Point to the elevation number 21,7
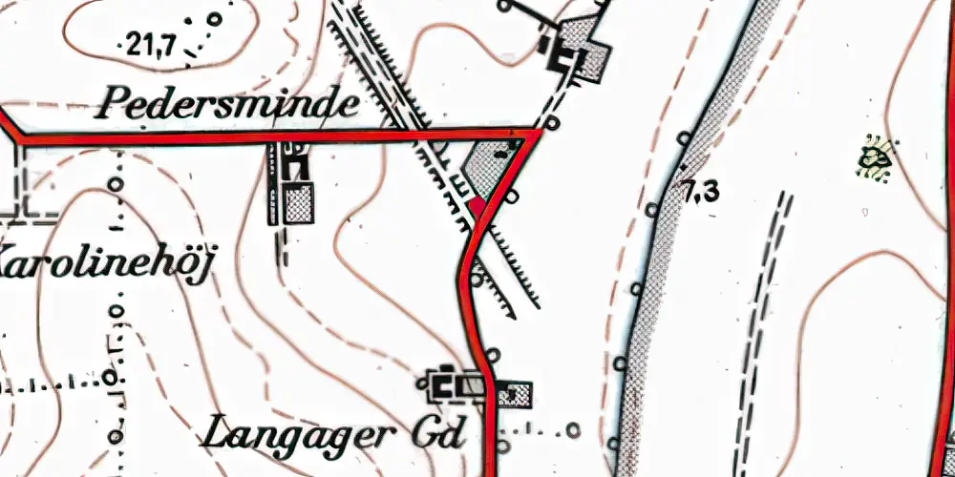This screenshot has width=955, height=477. pos(150,43)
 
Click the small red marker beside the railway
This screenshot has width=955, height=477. pos(477,204)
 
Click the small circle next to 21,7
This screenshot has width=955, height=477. pos(215,18)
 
